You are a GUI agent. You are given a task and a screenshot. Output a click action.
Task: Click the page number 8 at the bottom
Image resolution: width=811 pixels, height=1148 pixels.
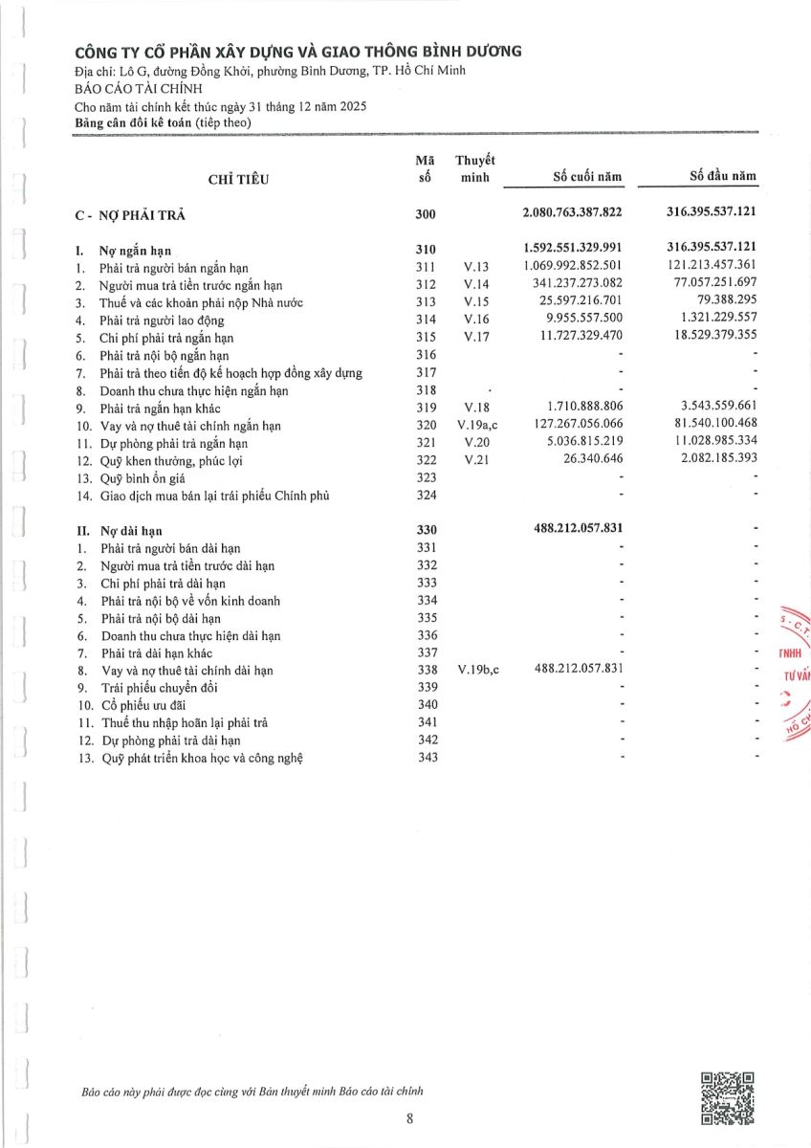tap(409, 1120)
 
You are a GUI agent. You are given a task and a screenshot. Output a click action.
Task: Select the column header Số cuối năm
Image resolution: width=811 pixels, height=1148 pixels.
tap(588, 177)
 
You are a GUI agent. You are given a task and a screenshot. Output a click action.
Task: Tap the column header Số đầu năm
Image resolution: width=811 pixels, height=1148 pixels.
tap(723, 177)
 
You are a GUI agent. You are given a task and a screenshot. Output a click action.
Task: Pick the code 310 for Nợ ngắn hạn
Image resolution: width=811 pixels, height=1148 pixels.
tap(426, 249)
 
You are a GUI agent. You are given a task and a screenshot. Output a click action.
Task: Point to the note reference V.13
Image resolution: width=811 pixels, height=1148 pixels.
tap(475, 267)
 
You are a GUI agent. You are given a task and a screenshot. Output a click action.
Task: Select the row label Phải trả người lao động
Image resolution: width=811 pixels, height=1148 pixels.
tap(161, 320)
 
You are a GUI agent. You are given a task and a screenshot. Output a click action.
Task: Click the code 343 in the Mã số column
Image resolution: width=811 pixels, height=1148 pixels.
tap(427, 758)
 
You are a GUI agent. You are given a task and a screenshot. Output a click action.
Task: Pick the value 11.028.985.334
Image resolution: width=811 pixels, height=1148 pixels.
tap(709, 443)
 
